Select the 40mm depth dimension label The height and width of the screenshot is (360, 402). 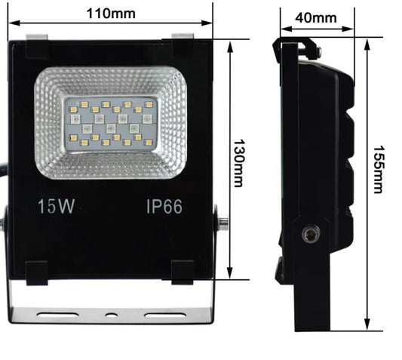coord(315,17)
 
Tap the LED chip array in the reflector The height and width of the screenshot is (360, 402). coord(110,122)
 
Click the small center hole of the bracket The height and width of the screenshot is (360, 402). coord(111,312)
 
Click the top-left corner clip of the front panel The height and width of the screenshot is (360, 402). coord(38,48)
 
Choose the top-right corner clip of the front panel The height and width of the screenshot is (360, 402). coord(184,48)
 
